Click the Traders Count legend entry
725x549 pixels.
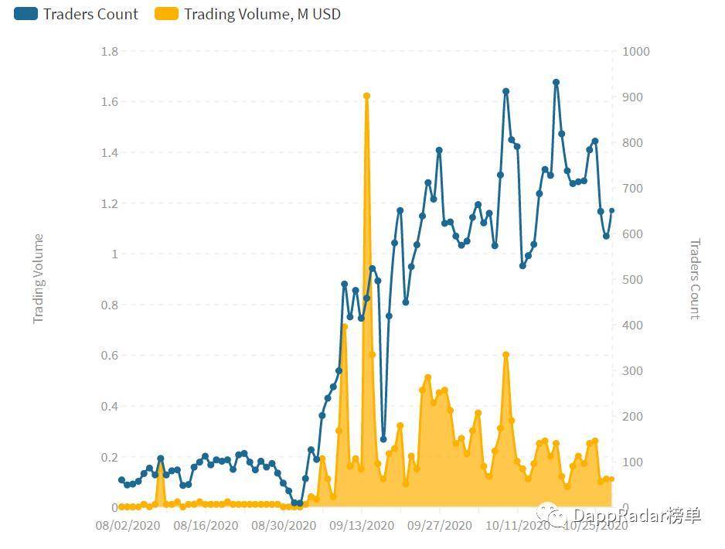[90, 14]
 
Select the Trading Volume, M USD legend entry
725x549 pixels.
[262, 14]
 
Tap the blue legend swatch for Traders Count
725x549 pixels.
[26, 14]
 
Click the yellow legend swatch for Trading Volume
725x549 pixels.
[166, 14]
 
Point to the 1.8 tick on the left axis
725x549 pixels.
[109, 51]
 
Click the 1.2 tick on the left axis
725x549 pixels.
[109, 203]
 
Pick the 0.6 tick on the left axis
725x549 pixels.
[109, 356]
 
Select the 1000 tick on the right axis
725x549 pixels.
[636, 51]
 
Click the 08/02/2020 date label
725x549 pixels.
[128, 526]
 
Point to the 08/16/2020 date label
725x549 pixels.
[206, 526]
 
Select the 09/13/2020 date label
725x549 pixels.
[362, 526]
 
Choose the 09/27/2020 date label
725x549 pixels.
[440, 526]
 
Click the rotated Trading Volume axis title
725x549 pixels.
[39, 278]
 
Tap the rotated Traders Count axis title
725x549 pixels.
[694, 278]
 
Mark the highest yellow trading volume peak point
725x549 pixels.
[366, 96]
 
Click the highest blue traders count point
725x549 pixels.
[556, 82]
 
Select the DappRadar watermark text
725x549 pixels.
[636, 516]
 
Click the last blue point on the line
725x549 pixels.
[612, 210]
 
